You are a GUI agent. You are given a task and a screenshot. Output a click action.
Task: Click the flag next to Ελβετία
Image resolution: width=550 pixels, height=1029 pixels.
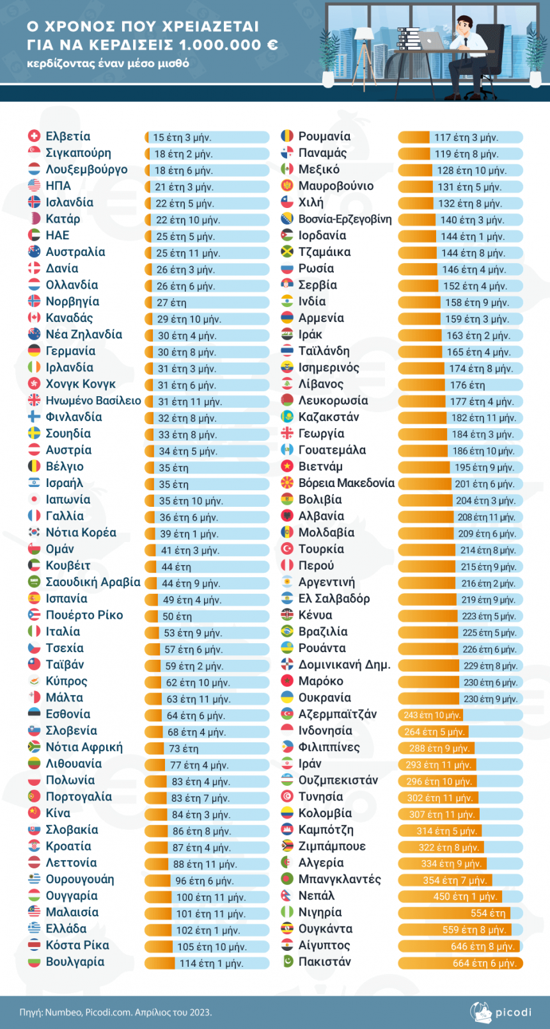(x=34, y=136)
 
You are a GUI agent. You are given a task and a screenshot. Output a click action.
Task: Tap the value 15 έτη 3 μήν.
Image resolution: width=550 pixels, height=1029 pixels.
(x=182, y=138)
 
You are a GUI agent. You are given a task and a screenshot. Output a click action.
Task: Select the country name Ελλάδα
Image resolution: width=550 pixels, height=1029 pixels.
(x=66, y=929)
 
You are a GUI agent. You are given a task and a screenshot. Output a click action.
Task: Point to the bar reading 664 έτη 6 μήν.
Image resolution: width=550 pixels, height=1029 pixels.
(x=460, y=963)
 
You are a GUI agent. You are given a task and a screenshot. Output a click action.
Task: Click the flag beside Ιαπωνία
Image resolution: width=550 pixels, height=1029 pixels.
(x=34, y=499)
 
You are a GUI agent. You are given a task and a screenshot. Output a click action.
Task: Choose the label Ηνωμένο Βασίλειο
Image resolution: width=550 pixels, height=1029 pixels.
(x=93, y=401)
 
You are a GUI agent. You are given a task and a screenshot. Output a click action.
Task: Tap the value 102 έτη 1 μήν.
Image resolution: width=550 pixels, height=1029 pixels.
(x=208, y=930)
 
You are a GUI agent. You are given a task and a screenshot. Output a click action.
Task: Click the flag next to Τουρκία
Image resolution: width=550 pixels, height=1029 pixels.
(x=287, y=548)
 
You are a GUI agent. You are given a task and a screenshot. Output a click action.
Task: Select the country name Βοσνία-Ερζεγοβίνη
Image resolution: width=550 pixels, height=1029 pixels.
(x=345, y=219)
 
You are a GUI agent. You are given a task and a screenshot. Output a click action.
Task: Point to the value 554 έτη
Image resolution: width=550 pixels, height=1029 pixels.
(x=488, y=913)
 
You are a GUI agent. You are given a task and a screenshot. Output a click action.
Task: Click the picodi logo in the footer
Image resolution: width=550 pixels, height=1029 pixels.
(x=500, y=1012)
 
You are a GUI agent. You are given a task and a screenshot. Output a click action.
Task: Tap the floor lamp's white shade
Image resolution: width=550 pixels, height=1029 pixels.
(x=365, y=33)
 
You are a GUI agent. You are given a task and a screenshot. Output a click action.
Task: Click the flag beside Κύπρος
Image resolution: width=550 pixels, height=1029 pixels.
(x=34, y=680)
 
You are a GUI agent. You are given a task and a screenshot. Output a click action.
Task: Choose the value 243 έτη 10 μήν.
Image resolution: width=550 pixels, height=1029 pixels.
(x=432, y=715)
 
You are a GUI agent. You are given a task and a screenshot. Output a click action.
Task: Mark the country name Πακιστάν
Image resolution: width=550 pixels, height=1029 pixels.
(x=325, y=961)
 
